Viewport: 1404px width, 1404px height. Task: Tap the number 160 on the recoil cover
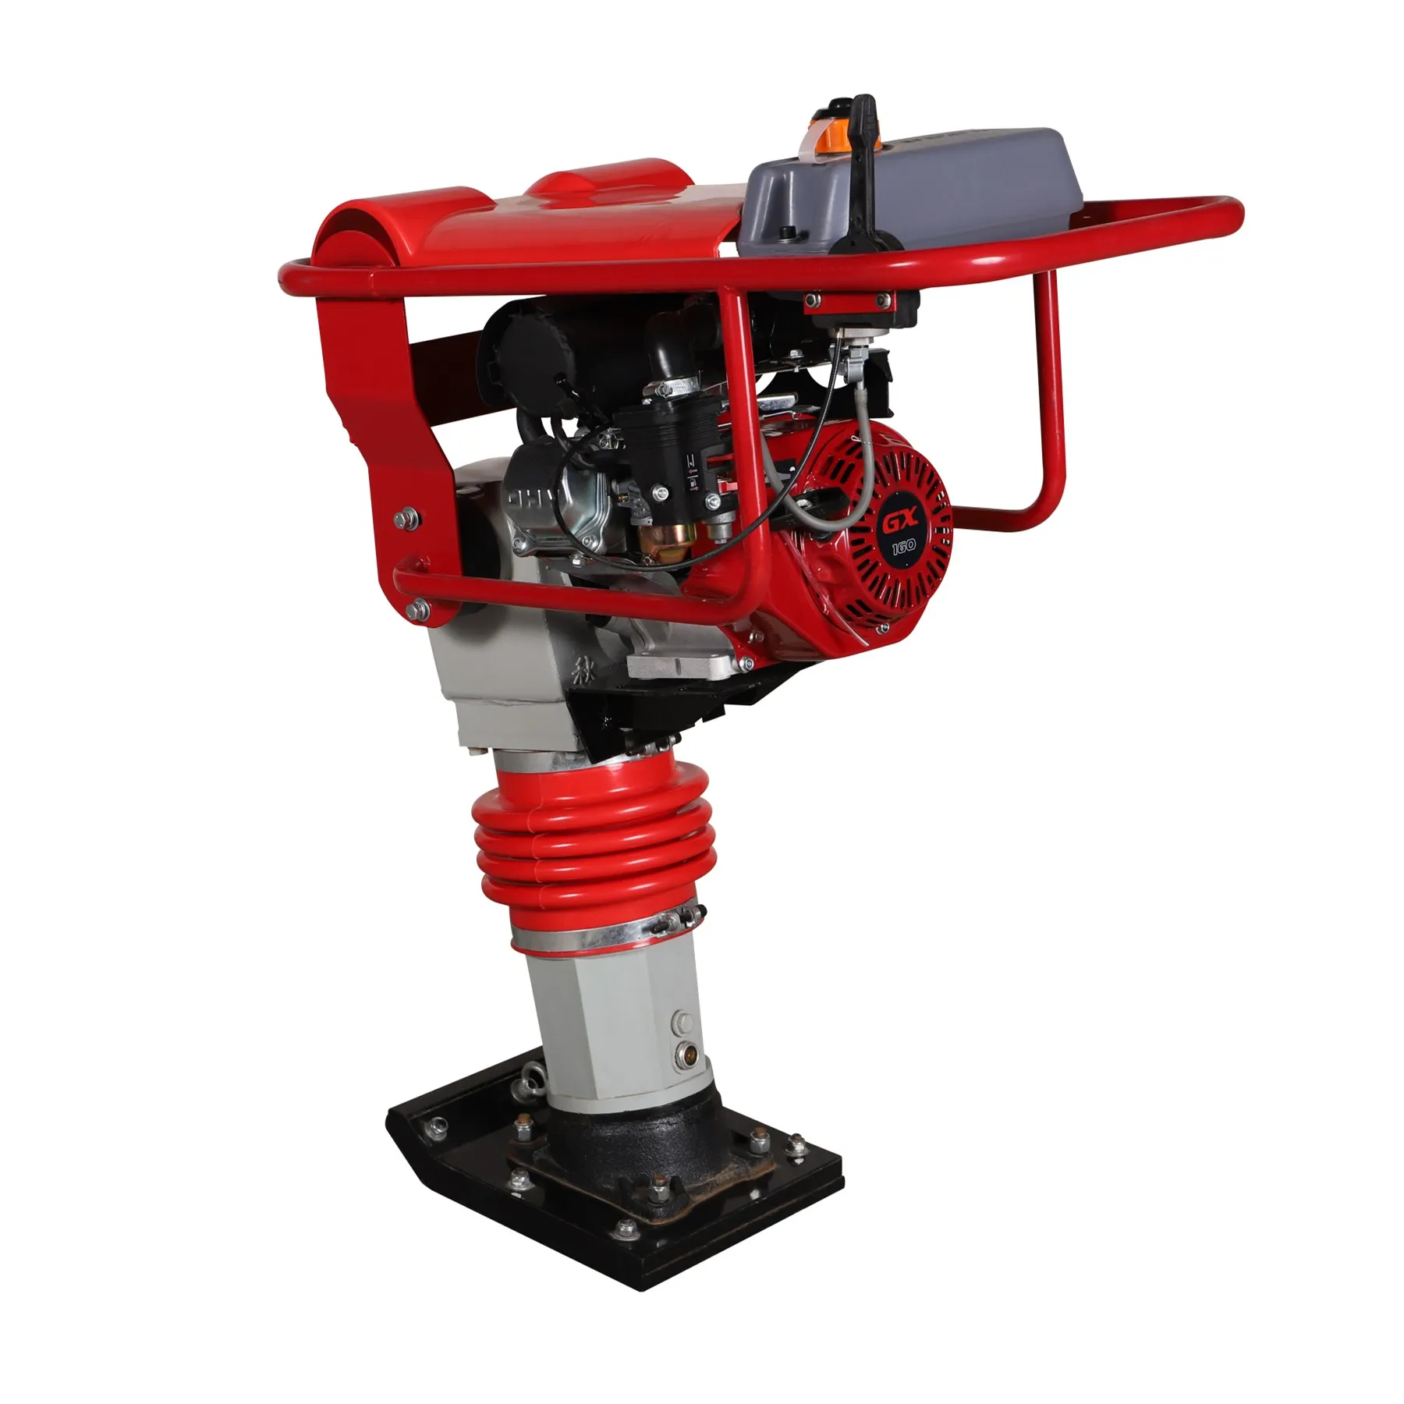[x=902, y=547]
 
